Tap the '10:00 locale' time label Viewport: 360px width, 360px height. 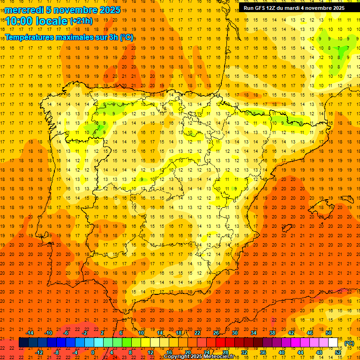37,21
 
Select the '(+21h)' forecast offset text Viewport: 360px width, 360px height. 81,21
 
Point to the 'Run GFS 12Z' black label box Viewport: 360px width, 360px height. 294,7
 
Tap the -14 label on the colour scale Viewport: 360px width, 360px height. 30,332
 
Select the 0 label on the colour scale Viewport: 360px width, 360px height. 93,352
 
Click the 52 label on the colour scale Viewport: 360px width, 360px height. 338,352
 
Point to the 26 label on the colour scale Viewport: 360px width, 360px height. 216,332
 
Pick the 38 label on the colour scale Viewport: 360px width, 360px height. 272,332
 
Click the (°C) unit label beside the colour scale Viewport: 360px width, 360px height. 349,343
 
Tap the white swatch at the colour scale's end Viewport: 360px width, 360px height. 333,343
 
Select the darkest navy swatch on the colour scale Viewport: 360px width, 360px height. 23,343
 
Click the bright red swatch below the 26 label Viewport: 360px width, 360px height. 221,343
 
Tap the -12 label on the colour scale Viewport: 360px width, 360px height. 39,352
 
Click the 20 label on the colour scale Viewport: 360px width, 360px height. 188,352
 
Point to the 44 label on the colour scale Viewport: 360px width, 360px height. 300,352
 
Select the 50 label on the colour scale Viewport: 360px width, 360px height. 329,332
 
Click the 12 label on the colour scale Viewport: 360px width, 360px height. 150,352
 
